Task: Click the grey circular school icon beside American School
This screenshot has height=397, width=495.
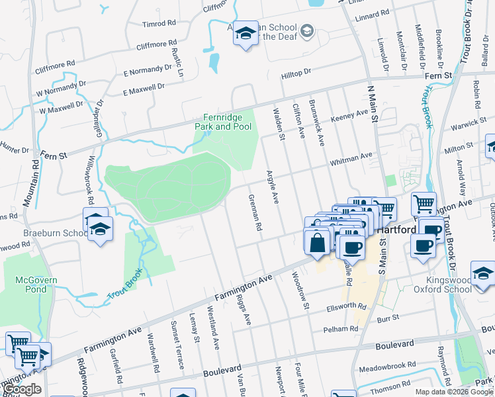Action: pos(307,30)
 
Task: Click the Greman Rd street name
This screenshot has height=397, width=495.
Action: pos(254,212)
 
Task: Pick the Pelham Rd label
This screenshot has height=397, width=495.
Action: pos(341,329)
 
